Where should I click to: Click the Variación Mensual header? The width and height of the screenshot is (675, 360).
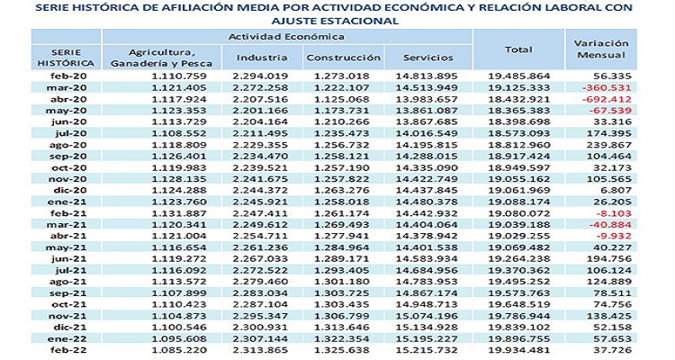point(601,49)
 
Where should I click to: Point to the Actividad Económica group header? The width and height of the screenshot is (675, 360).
point(286,36)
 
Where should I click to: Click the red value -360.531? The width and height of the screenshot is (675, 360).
point(602,88)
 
